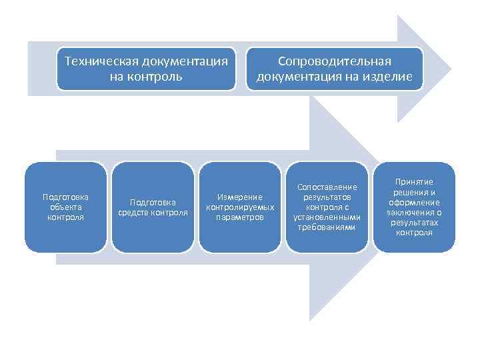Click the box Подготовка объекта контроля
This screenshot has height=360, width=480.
pyautogui.click(x=65, y=207)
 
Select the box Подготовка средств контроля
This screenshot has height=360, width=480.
pyautogui.click(x=153, y=207)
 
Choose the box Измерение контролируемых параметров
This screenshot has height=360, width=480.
pyautogui.click(x=240, y=207)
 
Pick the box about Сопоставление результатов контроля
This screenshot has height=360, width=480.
pyautogui.click(x=327, y=207)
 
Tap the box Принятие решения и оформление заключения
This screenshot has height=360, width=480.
pyautogui.click(x=414, y=207)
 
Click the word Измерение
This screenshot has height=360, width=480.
pyautogui.click(x=240, y=197)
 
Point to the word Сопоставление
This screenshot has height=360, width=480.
pyautogui.click(x=327, y=187)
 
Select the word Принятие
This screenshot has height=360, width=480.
pyautogui.click(x=414, y=181)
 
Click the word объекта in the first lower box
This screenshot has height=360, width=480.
pyautogui.click(x=65, y=207)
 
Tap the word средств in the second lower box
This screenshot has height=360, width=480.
pyautogui.click(x=136, y=212)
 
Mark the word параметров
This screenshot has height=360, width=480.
pyautogui.click(x=240, y=217)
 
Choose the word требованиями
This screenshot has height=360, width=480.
pyautogui.click(x=327, y=227)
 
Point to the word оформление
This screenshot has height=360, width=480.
pyautogui.click(x=414, y=202)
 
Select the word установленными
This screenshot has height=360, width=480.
pyautogui.click(x=327, y=217)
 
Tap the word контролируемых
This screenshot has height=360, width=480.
pyautogui.click(x=240, y=207)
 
